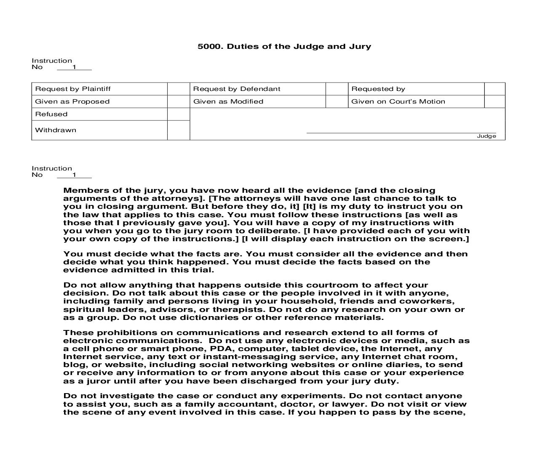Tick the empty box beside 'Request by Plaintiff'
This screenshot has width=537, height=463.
tap(179, 89)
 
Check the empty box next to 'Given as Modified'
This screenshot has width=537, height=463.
tap(337, 101)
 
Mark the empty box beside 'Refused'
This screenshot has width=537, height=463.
tap(179, 114)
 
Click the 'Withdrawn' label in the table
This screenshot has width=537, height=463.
tap(56, 130)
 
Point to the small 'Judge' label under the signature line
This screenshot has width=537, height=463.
tap(486, 136)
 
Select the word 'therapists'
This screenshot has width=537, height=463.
tap(233, 309)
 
